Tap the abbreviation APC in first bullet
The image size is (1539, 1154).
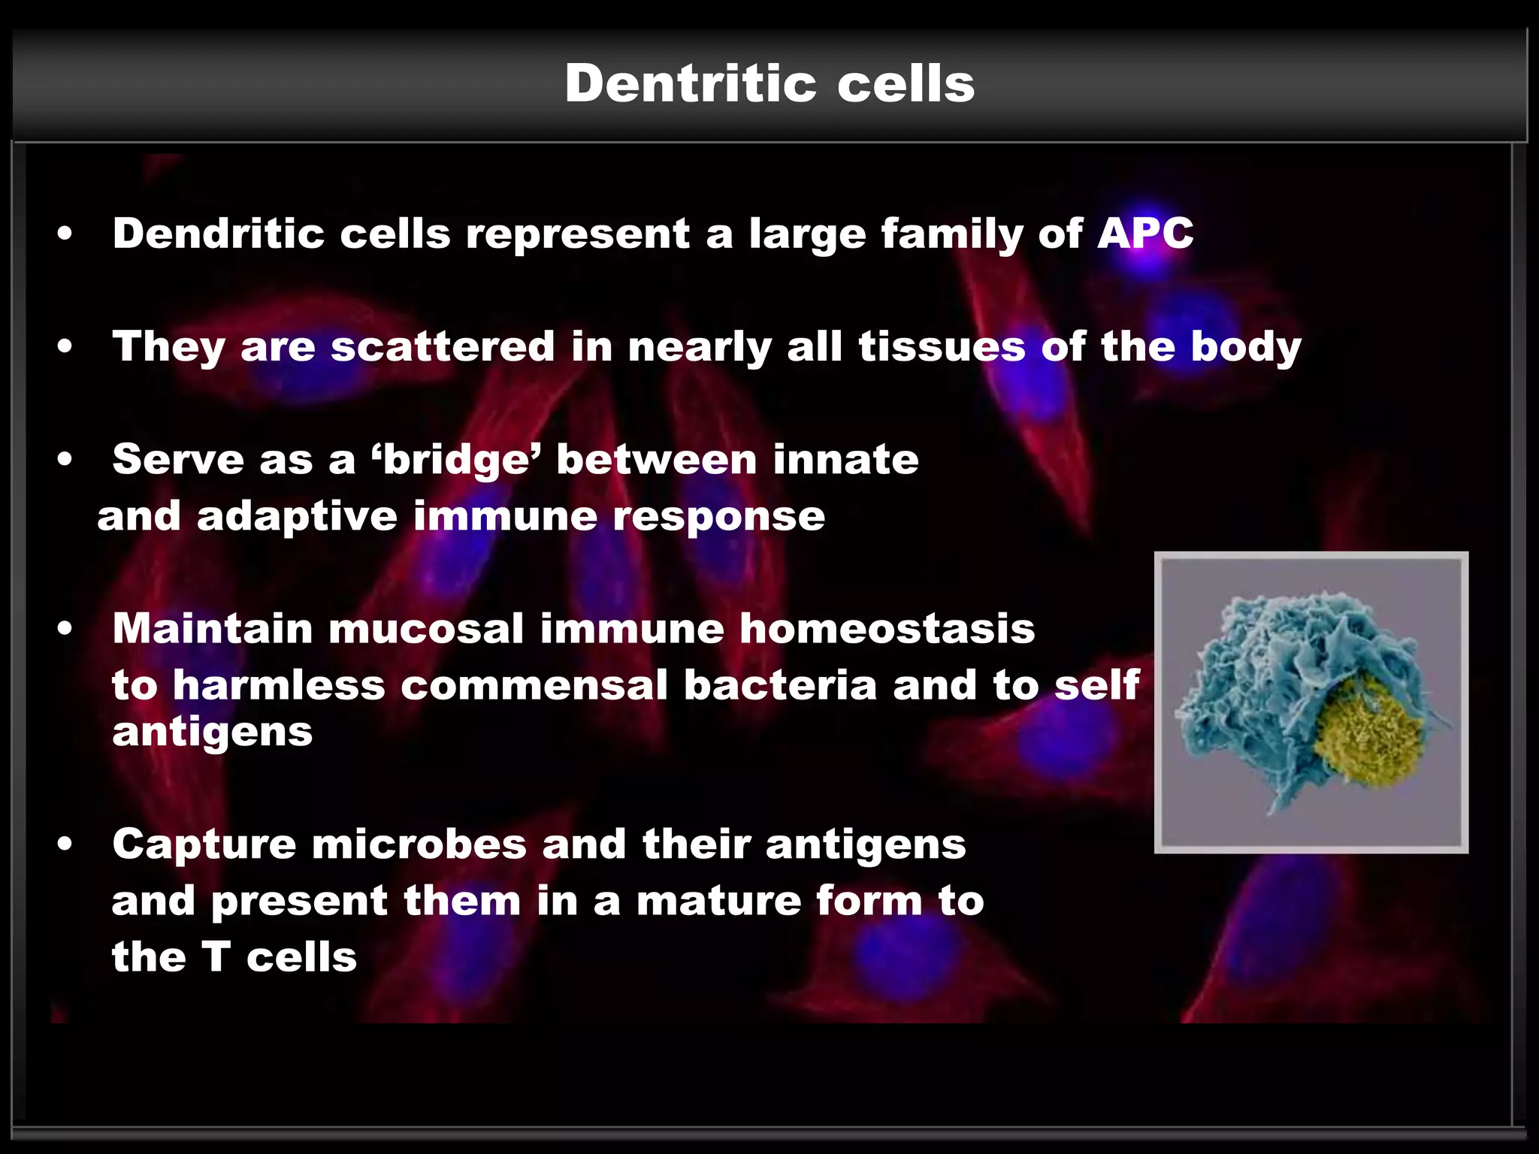(x=1144, y=234)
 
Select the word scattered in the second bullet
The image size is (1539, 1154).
(x=442, y=346)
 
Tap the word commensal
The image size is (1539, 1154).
(x=534, y=685)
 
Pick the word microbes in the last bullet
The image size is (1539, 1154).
(x=419, y=844)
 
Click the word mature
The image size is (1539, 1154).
(x=718, y=901)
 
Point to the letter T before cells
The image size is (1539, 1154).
(x=216, y=957)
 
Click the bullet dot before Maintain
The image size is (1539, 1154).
(x=65, y=629)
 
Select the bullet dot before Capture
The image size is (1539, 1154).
(x=65, y=844)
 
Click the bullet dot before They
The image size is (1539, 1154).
(x=65, y=347)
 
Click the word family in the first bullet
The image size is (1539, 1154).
(x=951, y=234)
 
